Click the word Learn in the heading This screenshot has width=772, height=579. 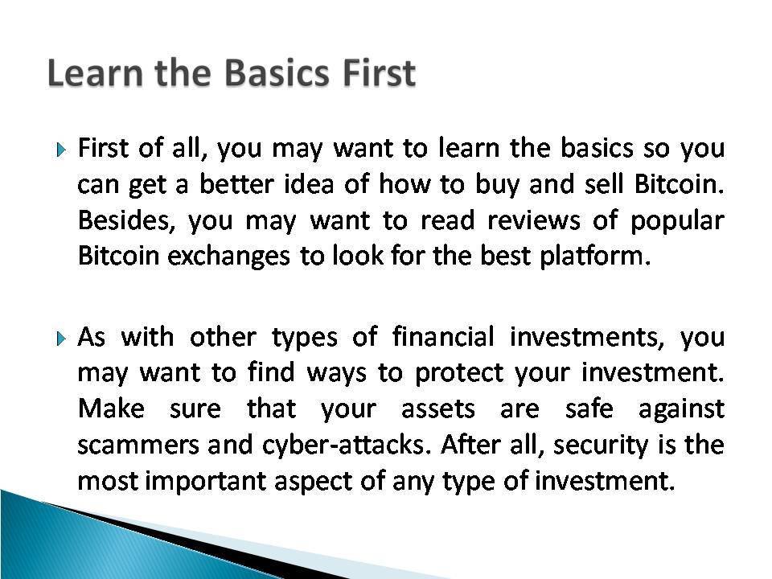[x=96, y=73]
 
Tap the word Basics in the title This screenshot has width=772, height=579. [x=277, y=73]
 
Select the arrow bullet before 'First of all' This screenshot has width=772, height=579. [x=60, y=149]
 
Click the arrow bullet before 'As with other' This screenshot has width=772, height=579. [x=60, y=339]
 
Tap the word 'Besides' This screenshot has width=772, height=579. [x=125, y=220]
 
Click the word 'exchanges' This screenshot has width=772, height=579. [x=228, y=257]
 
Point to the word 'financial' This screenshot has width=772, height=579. [x=443, y=337]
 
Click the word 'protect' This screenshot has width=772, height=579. [x=459, y=374]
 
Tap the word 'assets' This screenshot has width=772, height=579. [x=438, y=409]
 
